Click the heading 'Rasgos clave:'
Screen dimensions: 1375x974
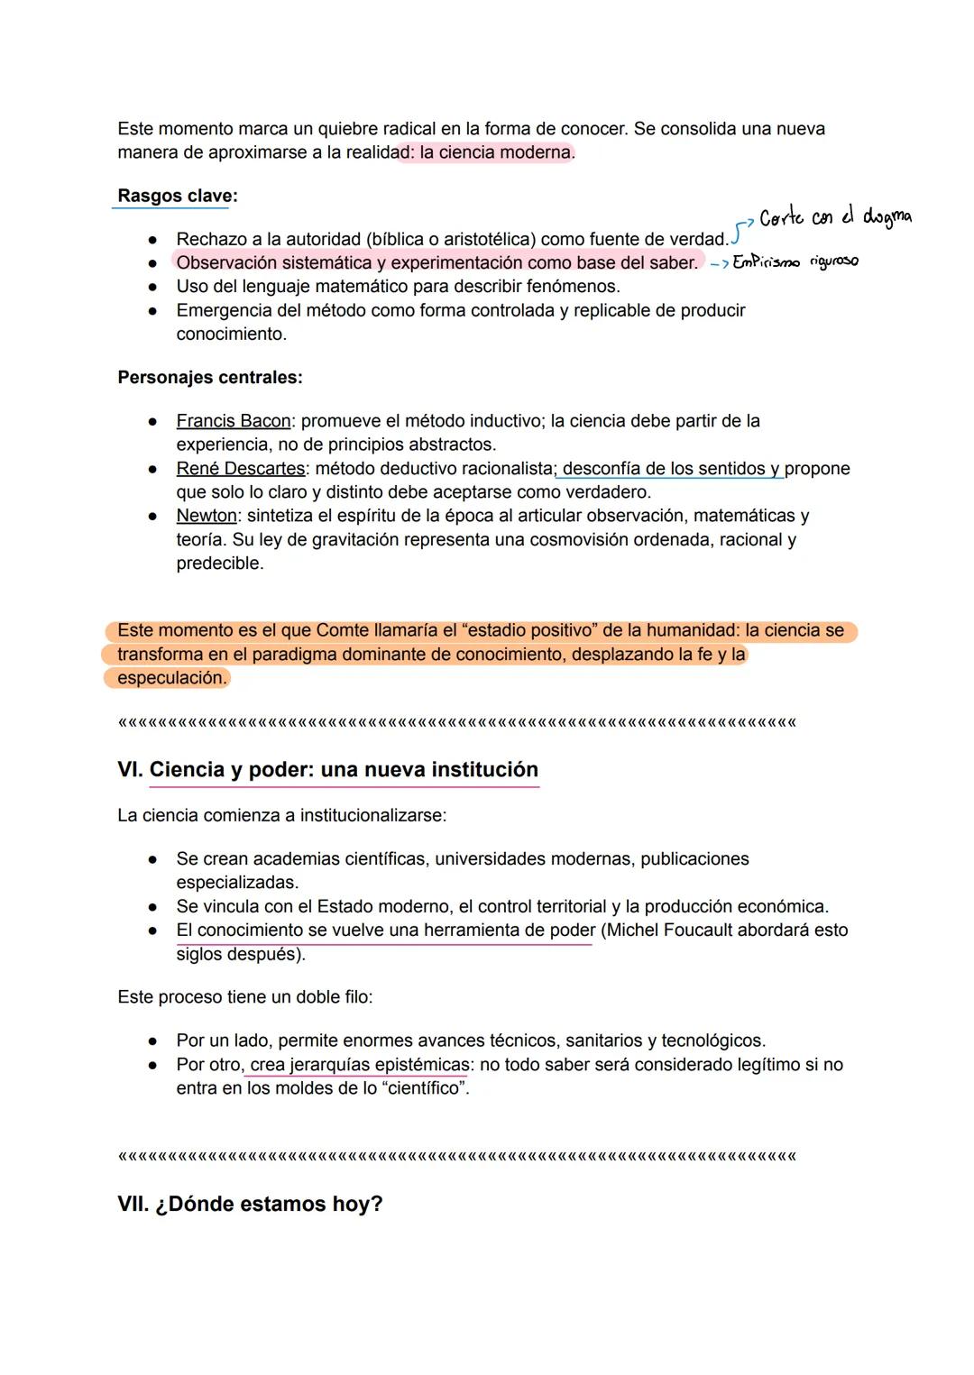pyautogui.click(x=178, y=197)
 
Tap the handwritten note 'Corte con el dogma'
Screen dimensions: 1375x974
pyautogui.click(x=835, y=217)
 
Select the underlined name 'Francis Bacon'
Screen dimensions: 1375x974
pyautogui.click(x=234, y=421)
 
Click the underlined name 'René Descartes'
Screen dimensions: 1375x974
pyautogui.click(x=241, y=469)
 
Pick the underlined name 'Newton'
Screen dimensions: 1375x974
pyautogui.click(x=207, y=516)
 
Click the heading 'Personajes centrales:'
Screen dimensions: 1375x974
pyautogui.click(x=210, y=378)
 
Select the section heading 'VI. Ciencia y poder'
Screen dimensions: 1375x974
pyautogui.click(x=327, y=770)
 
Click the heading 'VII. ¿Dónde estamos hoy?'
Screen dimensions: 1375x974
pyautogui.click(x=250, y=1205)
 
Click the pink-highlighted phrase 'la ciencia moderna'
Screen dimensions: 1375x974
pyautogui.click(x=495, y=152)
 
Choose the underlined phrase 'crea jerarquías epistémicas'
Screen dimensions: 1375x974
pyautogui.click(x=360, y=1065)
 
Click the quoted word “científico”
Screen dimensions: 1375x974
pyautogui.click(x=425, y=1088)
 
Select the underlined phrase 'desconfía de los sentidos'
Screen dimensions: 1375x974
pyautogui.click(x=664, y=469)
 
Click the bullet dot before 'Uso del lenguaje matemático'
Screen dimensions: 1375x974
pyautogui.click(x=153, y=287)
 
